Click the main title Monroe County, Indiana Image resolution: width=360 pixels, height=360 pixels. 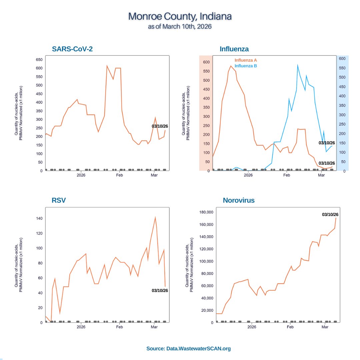[180, 16]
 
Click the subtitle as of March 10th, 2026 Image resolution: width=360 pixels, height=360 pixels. [180, 26]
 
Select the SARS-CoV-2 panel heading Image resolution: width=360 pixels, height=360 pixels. [72, 49]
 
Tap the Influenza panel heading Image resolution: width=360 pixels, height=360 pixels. [234, 49]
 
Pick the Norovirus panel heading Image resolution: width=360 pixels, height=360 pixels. [239, 200]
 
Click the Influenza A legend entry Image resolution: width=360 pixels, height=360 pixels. [246, 60]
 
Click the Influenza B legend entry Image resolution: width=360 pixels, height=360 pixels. [246, 66]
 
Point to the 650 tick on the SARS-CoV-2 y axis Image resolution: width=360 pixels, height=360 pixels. [39, 60]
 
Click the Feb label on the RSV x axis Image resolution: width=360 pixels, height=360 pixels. [119, 327]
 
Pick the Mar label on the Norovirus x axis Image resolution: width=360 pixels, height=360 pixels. [325, 327]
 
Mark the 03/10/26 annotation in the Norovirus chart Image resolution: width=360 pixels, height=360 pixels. [330, 215]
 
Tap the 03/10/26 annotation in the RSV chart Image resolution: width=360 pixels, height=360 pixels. [160, 290]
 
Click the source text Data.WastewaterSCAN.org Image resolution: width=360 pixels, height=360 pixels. [188, 349]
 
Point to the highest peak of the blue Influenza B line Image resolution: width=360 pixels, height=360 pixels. [297, 65]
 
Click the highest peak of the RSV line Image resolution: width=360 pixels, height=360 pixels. [155, 217]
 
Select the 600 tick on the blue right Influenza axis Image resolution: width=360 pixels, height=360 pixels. [343, 58]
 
